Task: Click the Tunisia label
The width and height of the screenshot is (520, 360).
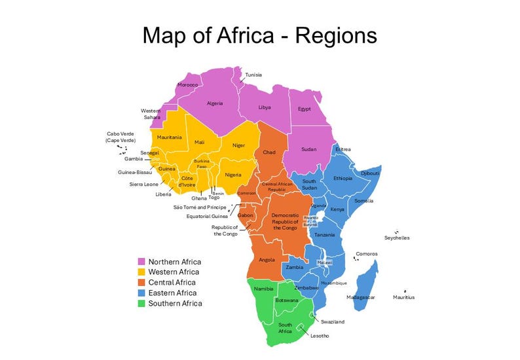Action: pos(253,75)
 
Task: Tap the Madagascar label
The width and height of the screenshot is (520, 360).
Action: pos(361,297)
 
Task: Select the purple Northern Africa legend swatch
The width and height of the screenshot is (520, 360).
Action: pos(141,262)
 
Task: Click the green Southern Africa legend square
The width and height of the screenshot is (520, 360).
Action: pos(141,304)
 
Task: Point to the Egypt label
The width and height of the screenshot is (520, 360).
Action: pos(304,109)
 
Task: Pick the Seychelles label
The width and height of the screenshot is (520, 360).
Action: pos(397,238)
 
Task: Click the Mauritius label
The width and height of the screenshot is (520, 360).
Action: pos(403,297)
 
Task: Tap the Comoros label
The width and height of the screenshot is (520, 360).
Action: pos(366,254)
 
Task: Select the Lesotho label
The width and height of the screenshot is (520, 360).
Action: pos(320,336)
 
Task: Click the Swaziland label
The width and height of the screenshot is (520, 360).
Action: pos(333,322)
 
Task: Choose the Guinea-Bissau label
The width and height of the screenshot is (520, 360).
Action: pos(135,173)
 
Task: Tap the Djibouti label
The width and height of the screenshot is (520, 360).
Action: pos(370,173)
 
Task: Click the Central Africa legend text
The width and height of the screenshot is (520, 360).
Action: pos(173,283)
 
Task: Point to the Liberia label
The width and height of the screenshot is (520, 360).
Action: pos(164,194)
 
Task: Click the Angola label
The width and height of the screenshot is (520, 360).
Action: pos(267,260)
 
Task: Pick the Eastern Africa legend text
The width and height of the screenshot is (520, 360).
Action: pos(172,293)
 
